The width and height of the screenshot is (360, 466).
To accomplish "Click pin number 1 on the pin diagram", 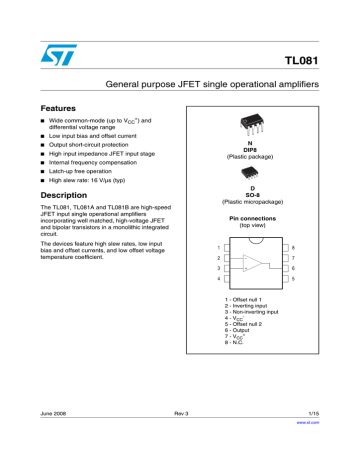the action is coord(218,246).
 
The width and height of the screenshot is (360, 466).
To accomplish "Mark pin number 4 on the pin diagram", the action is coord(218,280).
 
